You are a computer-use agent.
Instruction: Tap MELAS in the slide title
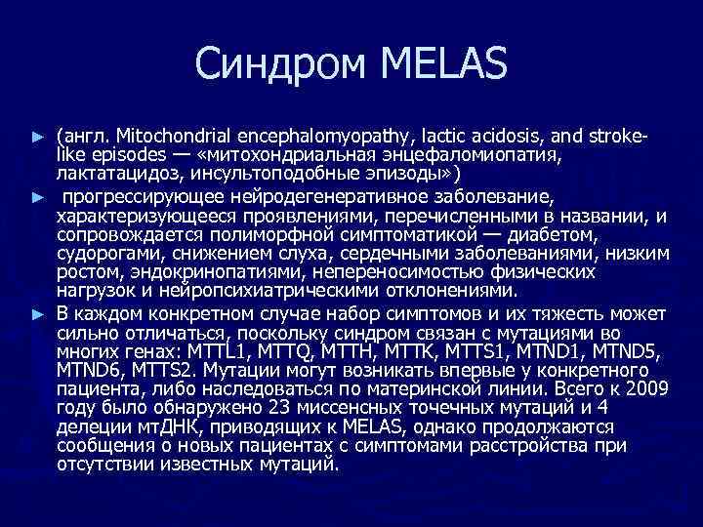click(437, 65)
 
